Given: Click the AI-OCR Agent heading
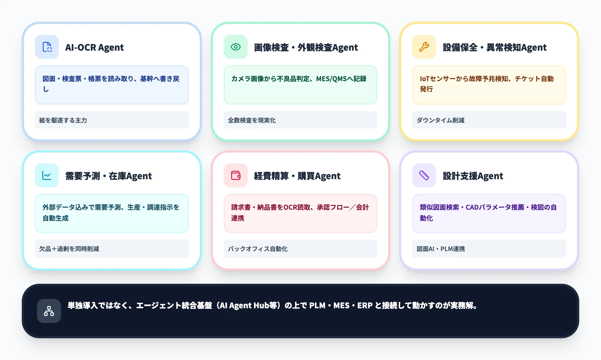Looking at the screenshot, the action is (x=94, y=47).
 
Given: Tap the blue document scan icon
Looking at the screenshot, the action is (x=47, y=47).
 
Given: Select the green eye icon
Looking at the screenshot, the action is (x=235, y=47).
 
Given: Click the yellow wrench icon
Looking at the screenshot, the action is (x=424, y=47).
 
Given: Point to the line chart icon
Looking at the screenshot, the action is (x=47, y=175).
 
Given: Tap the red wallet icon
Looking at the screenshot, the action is (x=235, y=175).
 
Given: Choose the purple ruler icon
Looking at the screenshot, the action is (x=424, y=175).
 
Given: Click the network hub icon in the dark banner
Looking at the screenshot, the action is (x=49, y=311).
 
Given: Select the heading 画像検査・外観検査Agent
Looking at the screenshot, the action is (x=306, y=47).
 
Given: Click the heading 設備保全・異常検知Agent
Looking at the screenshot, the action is (x=495, y=47).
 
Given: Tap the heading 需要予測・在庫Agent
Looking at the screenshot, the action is (x=108, y=176).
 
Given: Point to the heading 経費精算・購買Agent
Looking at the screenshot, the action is (x=297, y=176).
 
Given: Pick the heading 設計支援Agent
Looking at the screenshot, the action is (x=473, y=176).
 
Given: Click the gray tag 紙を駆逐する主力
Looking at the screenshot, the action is (x=63, y=120).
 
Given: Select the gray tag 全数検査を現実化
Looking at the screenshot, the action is (x=252, y=120).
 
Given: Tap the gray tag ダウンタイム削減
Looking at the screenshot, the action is (x=440, y=120).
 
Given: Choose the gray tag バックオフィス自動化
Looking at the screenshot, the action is (x=257, y=249).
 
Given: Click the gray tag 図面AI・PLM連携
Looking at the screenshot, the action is (x=440, y=249).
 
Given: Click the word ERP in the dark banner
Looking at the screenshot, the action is (x=365, y=306).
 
